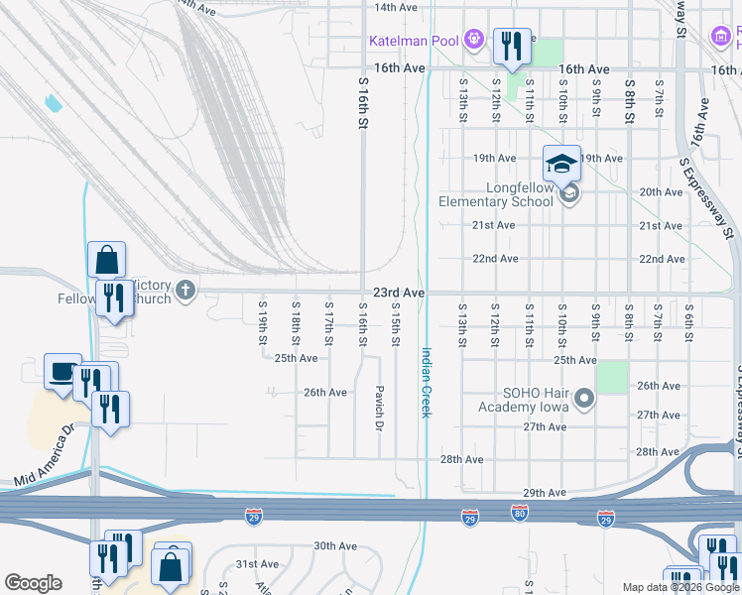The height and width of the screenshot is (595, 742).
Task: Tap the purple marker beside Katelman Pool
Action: click(475, 40)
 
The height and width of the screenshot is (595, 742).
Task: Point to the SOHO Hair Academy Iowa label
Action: click(521, 400)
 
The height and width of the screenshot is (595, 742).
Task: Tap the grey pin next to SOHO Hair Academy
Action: click(584, 400)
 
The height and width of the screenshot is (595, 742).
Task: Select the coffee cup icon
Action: click(63, 372)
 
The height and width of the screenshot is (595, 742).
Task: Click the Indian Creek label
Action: click(427, 382)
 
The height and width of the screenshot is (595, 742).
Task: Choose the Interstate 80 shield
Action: click(520, 516)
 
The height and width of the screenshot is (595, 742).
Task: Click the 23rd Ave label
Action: click(399, 294)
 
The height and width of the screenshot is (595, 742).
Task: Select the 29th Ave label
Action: click(544, 493)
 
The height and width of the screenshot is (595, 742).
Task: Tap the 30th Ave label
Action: click(334, 545)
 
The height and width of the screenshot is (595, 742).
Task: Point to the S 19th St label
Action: click(263, 322)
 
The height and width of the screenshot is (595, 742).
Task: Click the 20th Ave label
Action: click(661, 191)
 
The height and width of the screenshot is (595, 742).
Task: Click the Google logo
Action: click(33, 583)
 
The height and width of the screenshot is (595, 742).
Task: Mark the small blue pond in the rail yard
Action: click(53, 101)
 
